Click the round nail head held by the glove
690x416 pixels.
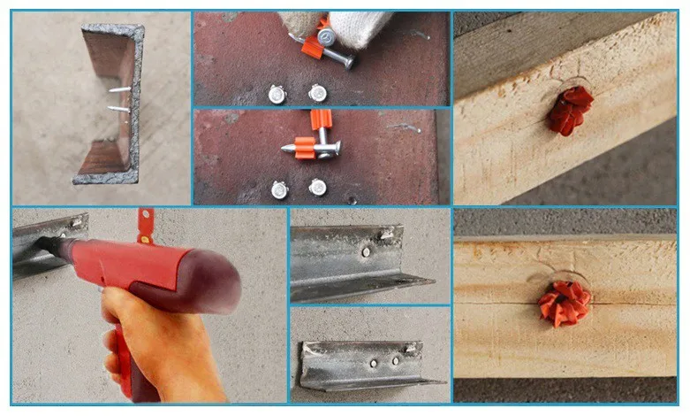click(328, 38)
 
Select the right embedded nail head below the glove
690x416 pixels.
click(317, 91)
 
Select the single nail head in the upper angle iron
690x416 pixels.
click(366, 251)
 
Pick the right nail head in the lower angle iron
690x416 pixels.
click(394, 360)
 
